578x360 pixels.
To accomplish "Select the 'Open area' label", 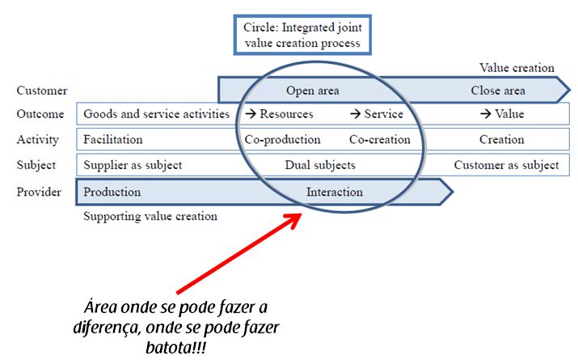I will click(312, 91).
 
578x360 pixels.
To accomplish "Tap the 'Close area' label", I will click(498, 91).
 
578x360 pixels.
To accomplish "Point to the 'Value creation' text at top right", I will click(517, 68).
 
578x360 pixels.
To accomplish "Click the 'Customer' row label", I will click(42, 91).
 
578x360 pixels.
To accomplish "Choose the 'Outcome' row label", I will click(40, 114).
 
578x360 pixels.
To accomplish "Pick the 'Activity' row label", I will click(38, 139).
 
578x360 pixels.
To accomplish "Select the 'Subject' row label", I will click(37, 165).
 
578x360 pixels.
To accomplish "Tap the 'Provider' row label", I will click(39, 192).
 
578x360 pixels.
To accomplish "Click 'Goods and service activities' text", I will click(156, 114).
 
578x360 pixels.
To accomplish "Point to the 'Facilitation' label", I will click(112, 139).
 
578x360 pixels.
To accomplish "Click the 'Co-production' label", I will click(282, 139).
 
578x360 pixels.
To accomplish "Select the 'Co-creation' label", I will click(379, 139).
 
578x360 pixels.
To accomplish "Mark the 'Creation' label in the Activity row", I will click(501, 139).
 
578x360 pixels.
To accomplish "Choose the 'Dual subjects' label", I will click(320, 165).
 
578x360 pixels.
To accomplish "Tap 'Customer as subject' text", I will click(506, 165).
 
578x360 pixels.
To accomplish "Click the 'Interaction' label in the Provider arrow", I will click(335, 192).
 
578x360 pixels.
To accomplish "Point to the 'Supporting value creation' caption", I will click(150, 216).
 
